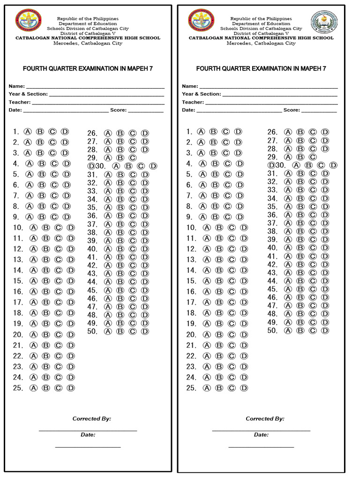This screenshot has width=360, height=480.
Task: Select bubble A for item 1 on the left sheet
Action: [28, 132]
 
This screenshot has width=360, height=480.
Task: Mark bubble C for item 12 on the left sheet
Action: [58, 249]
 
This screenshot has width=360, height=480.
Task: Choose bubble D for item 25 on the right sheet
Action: [244, 388]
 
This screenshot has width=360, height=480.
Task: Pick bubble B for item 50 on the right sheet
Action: [300, 330]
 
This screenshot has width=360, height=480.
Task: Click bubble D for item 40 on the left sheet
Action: [145, 249]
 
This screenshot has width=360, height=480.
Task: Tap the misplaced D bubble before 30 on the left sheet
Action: [90, 166]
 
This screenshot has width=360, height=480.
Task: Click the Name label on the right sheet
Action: [190, 86]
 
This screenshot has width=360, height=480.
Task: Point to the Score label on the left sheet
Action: [118, 110]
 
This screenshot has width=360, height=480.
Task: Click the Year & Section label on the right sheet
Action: [201, 94]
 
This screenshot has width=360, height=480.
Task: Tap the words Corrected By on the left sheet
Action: [91, 419]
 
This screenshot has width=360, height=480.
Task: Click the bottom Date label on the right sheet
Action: [261, 435]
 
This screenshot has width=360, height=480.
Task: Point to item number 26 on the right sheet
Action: [272, 132]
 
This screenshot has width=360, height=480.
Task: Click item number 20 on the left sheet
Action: [18, 335]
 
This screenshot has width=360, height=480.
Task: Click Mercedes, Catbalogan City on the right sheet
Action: [261, 43]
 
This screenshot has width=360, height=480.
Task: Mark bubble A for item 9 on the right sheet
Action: [202, 217]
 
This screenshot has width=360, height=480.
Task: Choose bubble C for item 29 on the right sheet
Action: [313, 157]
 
